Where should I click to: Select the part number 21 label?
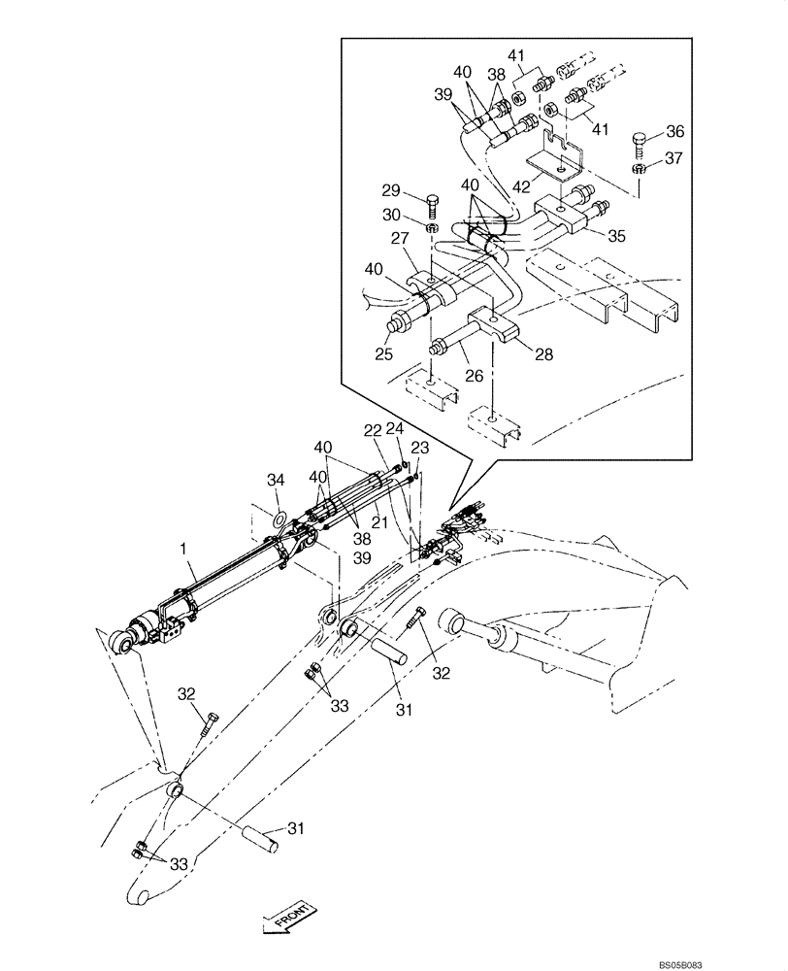click(x=378, y=523)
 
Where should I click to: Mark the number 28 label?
click(x=542, y=355)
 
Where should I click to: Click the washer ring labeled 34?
click(x=279, y=520)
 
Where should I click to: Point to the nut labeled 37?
click(x=639, y=169)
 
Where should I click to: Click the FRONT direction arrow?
click(x=287, y=916)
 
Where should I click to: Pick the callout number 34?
click(x=277, y=480)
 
